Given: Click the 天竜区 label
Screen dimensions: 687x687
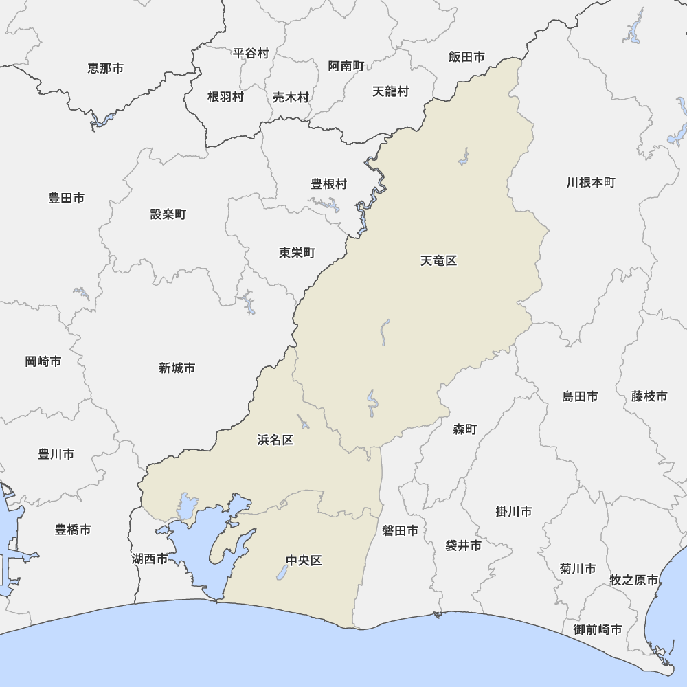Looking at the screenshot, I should tap(438, 260).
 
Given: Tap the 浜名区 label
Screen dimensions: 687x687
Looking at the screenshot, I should tap(275, 440).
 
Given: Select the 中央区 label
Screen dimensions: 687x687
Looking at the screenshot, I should tap(304, 561).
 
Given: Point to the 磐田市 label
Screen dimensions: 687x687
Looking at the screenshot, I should tap(400, 530).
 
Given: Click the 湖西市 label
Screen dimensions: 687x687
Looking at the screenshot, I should tap(150, 559).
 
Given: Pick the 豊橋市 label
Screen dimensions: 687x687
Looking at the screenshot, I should tap(73, 530).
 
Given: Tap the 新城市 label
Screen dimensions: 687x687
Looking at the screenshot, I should tap(177, 368).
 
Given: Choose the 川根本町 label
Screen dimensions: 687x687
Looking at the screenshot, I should tap(591, 182).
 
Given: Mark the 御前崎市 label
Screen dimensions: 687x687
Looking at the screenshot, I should tap(598, 629).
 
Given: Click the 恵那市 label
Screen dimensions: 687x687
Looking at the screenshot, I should tap(106, 68).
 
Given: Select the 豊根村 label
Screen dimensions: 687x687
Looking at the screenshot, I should tap(329, 183).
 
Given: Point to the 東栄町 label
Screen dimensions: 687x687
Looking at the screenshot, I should tap(297, 253).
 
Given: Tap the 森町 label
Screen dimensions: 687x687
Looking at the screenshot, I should tap(465, 429).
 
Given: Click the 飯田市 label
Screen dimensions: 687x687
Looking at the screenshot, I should tap(466, 57).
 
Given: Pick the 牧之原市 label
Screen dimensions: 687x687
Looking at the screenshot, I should tap(633, 580).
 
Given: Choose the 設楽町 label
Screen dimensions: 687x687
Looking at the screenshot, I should tap(168, 214).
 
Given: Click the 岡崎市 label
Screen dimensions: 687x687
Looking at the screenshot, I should tap(43, 361).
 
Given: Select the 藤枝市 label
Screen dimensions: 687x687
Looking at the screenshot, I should tap(649, 396).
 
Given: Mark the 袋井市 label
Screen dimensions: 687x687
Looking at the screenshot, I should tap(463, 545).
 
